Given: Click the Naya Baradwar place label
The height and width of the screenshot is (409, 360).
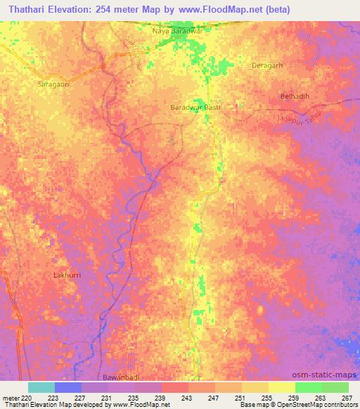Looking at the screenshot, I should (x=182, y=31).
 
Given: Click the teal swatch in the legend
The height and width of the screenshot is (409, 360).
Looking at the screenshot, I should (x=41, y=387).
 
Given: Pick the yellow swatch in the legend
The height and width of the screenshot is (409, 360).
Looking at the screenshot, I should (x=281, y=387).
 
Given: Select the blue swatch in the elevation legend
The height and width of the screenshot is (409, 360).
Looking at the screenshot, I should (x=68, y=387).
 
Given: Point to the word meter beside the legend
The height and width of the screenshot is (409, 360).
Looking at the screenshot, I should (x=11, y=397).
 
